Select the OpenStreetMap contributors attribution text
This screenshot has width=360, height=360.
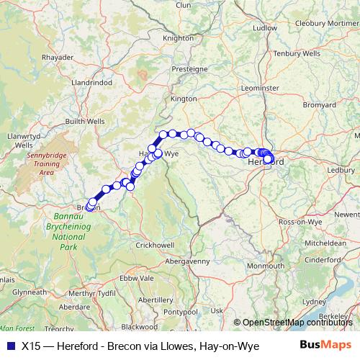298,323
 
